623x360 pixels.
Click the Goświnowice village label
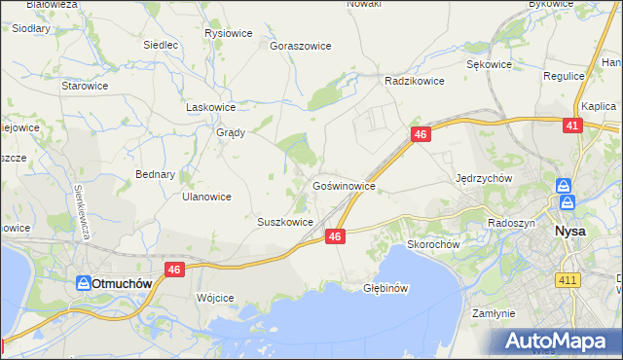coord(344,184)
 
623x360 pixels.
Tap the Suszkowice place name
coord(284,222)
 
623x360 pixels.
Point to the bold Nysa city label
coord(569,233)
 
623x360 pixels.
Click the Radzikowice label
coord(415,82)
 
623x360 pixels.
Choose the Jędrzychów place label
coord(484,179)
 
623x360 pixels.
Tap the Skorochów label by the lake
coord(432,245)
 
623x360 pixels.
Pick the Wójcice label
coord(216,298)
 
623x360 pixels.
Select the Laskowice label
coord(211,108)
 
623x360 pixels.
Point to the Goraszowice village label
coord(301,46)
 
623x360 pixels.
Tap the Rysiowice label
coord(229,33)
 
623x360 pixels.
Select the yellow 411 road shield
coord(568,280)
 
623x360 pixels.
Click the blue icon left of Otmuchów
coord(85,283)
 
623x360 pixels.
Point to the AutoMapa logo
coord(558,342)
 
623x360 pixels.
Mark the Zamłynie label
coord(493,314)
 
